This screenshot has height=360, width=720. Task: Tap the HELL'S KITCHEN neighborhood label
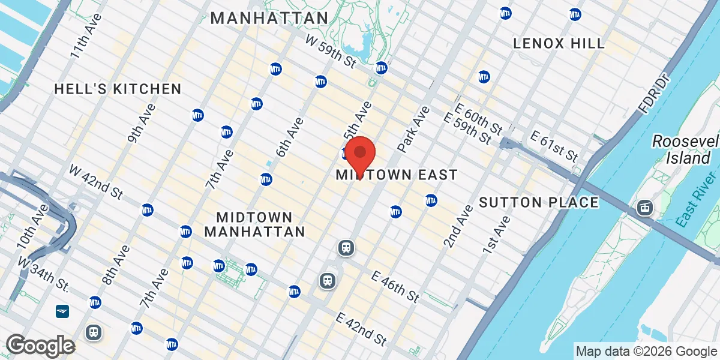pos(118,89)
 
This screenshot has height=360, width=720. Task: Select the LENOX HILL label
pos(559,43)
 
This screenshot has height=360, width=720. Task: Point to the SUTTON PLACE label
pos(539,202)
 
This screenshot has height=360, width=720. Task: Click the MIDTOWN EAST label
pos(397,175)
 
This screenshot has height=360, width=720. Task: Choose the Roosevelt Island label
pos(685,149)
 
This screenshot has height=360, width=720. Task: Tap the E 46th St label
pos(394,286)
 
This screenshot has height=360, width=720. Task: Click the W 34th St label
pos(45,273)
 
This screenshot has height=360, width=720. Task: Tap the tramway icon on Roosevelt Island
pos(645,208)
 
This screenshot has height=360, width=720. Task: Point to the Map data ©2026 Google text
pos(646,351)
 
